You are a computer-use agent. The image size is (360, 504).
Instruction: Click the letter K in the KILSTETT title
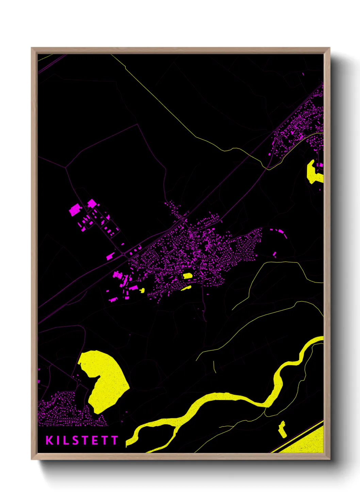[50, 440]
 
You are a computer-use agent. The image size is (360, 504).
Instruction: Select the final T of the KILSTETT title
[114, 440]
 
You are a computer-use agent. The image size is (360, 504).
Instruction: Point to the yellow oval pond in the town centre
[187, 276]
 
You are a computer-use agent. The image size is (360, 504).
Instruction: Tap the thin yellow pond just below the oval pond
[186, 288]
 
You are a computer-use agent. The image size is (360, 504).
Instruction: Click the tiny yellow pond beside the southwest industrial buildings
[142, 290]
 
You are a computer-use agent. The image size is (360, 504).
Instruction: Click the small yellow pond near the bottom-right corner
[282, 430]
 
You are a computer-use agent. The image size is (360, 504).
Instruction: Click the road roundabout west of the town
[123, 254]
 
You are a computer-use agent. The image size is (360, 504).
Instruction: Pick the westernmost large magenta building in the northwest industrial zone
[74, 210]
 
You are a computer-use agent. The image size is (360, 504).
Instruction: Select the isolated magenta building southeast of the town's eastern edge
[275, 254]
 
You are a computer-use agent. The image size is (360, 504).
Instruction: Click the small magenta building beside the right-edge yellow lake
[321, 165]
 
